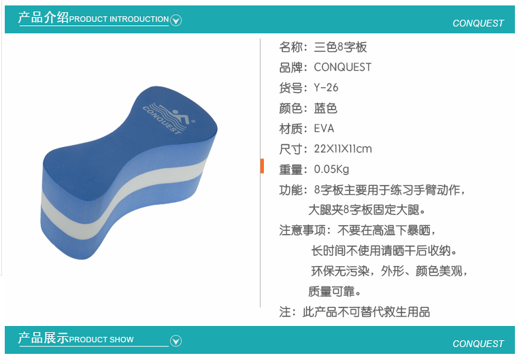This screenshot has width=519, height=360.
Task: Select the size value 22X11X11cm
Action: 343,149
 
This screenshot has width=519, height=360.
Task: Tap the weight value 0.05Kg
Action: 331,169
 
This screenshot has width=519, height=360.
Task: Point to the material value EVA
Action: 324,128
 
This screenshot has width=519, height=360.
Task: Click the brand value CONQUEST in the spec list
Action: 343,67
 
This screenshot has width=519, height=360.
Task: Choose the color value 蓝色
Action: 325,108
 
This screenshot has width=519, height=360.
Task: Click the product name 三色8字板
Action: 340,47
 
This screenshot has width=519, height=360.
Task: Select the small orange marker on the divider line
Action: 262,166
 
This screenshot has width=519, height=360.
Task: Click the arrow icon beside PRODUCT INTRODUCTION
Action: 175,20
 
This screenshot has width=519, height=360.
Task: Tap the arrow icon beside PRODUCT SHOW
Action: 175,341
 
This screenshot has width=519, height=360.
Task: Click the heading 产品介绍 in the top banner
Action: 44,18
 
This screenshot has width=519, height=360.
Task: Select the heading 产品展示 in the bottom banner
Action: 44,338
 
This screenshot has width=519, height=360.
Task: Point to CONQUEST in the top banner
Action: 478,23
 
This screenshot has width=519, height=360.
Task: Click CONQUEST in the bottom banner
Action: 478,344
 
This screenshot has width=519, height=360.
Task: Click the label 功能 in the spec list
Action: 290,190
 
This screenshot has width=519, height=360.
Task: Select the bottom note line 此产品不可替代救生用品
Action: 366,312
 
